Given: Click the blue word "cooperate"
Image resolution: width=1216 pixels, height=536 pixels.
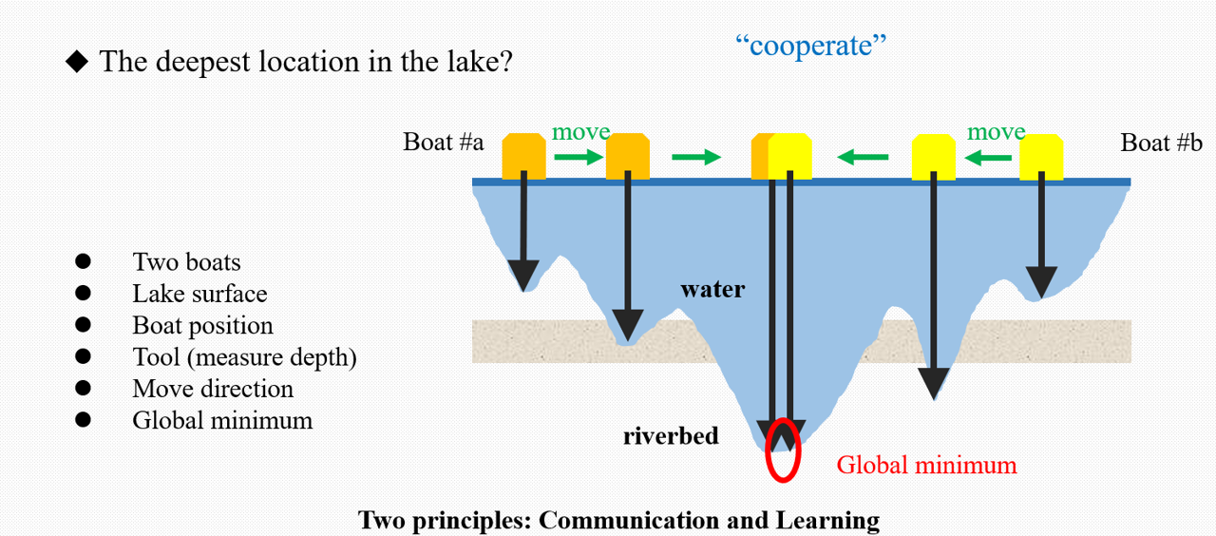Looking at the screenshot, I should tap(810, 45).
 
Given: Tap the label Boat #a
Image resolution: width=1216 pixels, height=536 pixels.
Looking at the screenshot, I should tap(444, 143).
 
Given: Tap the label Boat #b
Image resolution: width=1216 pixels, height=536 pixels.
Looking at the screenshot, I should tap(1161, 143).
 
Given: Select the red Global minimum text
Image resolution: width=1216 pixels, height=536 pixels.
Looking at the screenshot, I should tap(926, 465).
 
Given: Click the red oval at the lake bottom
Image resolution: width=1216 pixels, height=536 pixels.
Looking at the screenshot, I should tap(783, 450).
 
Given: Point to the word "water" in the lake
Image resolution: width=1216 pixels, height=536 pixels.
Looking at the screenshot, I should tap(712, 289).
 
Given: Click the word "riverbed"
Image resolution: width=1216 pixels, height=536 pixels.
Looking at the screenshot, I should tap(671, 436).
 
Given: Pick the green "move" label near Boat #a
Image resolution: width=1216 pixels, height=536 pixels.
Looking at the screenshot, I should tap(580, 132).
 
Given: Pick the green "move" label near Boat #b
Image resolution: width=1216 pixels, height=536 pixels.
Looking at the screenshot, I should tap(996, 132).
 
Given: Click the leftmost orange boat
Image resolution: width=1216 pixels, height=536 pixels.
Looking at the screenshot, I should tap(524, 156).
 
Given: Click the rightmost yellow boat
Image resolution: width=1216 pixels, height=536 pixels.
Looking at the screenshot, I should tap(1040, 157).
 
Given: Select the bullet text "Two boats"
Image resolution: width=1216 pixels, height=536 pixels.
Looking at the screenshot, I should tap(186, 262).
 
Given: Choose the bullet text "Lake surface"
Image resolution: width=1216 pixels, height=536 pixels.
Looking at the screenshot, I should tap(199, 294).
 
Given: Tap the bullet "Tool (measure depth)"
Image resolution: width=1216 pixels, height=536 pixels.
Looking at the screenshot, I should tap(244, 357).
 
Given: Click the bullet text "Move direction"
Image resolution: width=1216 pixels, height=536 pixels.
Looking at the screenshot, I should tap(213, 389).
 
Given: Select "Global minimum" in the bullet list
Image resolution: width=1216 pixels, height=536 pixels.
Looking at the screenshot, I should tap(222, 420).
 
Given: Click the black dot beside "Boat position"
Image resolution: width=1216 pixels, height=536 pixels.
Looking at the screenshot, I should tap(83, 325).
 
